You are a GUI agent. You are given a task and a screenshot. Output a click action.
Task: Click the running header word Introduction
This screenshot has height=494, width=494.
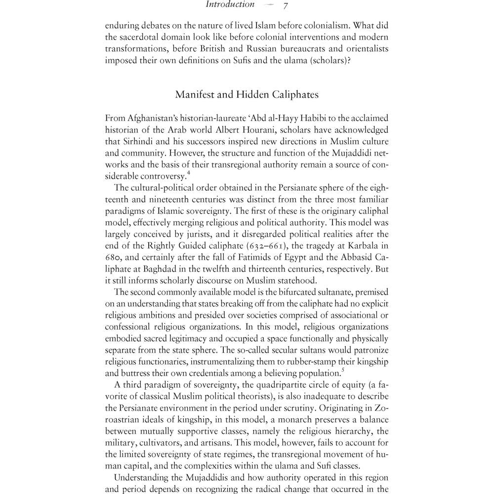tap(230, 5)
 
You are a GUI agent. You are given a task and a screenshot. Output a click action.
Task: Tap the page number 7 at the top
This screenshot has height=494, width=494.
tap(286, 6)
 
